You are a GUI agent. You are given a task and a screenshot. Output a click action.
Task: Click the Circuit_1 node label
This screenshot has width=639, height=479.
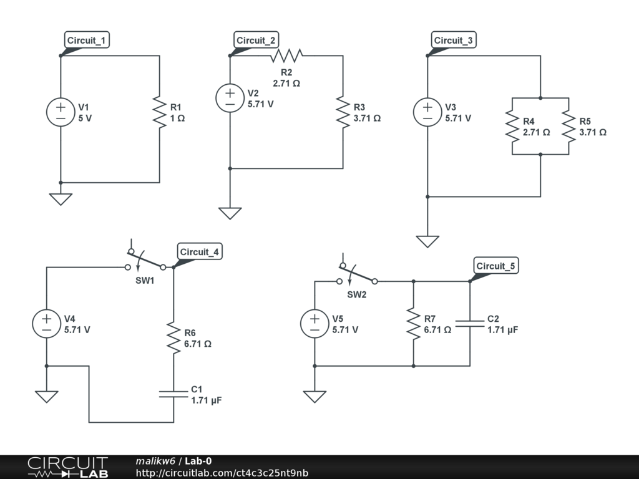pos(87,41)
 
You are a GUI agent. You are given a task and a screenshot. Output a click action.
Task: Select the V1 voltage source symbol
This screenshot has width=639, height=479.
pos(61,113)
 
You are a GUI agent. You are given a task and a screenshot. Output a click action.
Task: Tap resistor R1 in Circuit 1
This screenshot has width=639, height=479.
pos(160,113)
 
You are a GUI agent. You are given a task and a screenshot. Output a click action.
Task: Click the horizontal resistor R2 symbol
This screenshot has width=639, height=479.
pos(286,56)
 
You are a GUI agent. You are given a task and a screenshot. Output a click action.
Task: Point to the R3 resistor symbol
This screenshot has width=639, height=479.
pos(343,113)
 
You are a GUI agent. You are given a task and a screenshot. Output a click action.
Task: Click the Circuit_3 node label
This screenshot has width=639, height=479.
pos(454,41)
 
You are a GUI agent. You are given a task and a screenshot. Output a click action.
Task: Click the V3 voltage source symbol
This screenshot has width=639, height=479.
pos(427,113)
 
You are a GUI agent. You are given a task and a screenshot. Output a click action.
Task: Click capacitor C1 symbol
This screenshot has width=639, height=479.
pos(173,394)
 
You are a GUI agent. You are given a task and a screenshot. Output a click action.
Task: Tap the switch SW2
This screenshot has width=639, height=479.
pos(358,276)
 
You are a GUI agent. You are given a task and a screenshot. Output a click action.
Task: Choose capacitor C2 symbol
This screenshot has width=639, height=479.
pos(470,324)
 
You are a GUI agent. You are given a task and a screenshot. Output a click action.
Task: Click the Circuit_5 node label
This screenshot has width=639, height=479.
pos(496,267)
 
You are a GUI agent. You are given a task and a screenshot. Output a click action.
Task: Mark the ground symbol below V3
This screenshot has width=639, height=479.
pos(427,241)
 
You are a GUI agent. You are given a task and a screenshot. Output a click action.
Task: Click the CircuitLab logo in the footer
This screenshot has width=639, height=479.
pos(67,467)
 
